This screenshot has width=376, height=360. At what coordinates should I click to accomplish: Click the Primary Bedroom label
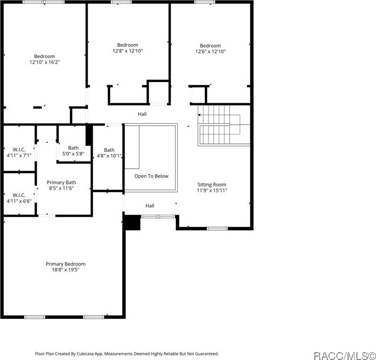coord(66,264)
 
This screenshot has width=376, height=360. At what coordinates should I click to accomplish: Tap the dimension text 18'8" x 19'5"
coord(66,270)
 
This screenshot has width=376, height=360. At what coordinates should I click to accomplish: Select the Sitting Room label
coord(212,184)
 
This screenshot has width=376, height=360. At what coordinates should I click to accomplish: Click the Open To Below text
coord(151,176)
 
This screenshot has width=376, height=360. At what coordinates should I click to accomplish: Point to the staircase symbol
coord(219,126)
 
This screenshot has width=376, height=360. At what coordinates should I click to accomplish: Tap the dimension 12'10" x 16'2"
coord(44,62)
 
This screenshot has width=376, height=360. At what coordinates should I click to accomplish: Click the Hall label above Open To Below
coord(142,114)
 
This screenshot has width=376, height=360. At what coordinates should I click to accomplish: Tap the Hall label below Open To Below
coord(150,206)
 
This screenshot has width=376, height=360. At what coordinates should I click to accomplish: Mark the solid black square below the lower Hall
coord(132,223)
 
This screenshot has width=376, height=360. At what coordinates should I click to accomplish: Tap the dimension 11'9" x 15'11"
coord(212,190)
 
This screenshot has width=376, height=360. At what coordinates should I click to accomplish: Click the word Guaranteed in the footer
coord(206,354)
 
